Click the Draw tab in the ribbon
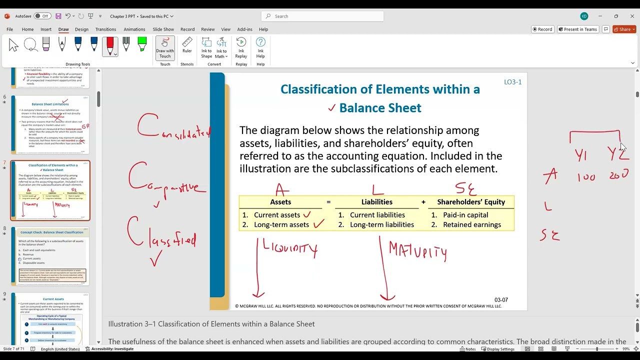pyautogui.click(x=63, y=29)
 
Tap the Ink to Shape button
pyautogui.click(x=206, y=47)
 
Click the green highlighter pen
pyautogui.click(x=142, y=45)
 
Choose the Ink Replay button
pyautogui.click(x=241, y=47)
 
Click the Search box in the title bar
pyautogui.click(x=322, y=16)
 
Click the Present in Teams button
pyautogui.click(x=578, y=29)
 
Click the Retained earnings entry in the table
pyautogui.click(x=471, y=224)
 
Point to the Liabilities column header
pyautogui.click(x=376, y=202)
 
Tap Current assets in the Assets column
pyautogui.click(x=276, y=215)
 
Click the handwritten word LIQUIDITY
pyautogui.click(x=290, y=249)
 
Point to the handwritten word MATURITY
pyautogui.click(x=417, y=251)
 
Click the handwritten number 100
pyautogui.click(x=586, y=177)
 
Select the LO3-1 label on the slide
pyautogui.click(x=512, y=82)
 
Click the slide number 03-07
pyautogui.click(x=501, y=300)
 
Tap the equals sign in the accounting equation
pyautogui.click(x=328, y=202)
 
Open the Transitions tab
pyautogui.click(x=105, y=29)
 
